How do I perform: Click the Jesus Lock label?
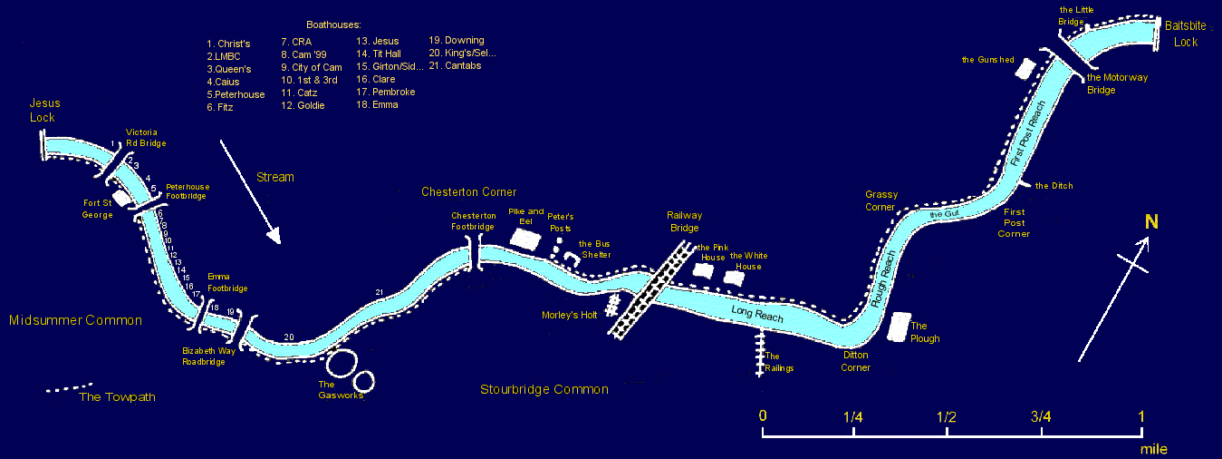(43, 111)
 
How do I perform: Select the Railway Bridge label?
(685, 221)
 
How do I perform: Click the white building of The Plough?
(900, 327)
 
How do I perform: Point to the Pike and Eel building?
(524, 238)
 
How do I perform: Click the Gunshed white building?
(1025, 68)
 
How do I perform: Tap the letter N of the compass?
(1150, 222)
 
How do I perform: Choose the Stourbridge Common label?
(544, 389)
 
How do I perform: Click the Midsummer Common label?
(75, 320)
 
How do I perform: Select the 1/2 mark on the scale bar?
(947, 417)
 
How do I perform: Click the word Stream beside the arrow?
(275, 177)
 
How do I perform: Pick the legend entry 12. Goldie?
(303, 106)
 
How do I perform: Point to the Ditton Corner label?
(855, 361)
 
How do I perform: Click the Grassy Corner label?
(880, 200)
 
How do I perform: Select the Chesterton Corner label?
(468, 191)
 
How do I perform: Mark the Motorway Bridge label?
(1116, 83)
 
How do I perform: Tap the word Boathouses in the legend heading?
(333, 24)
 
